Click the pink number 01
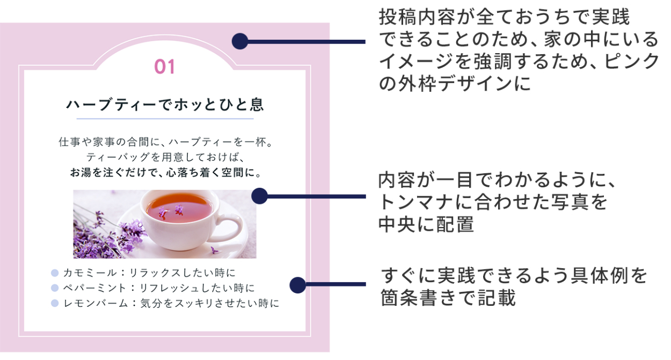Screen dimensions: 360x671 coord(165,67)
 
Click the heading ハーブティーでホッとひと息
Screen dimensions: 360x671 coord(165,104)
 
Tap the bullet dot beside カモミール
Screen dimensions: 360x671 coord(55,273)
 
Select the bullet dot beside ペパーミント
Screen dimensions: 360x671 coord(55,288)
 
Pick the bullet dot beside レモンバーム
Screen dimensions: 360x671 coord(55,304)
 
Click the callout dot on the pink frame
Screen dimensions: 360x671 coord(240,41)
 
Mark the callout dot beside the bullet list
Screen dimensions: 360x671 coord(297,285)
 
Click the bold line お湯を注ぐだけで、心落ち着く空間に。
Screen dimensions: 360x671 coord(165,173)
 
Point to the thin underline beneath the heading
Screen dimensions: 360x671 coord(165,119)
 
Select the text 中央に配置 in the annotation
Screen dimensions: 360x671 coord(426,224)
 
